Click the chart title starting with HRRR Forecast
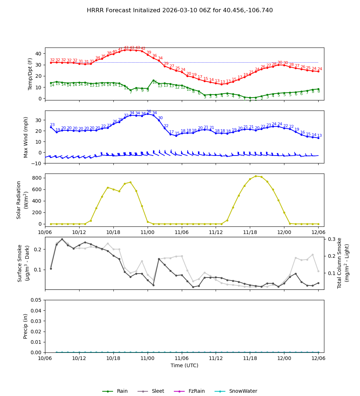[180, 10]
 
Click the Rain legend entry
[122, 391]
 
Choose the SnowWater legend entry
[243, 391]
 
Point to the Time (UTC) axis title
[184, 365]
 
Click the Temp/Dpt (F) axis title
[31, 74]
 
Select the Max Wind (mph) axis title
[26, 137]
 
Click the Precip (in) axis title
[26, 326]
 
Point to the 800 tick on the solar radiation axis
[37, 178]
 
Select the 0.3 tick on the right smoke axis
[332, 239]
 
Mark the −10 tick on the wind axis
[36, 163]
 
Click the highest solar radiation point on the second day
[256, 176]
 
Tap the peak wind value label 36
[149, 112]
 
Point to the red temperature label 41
[120, 50]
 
